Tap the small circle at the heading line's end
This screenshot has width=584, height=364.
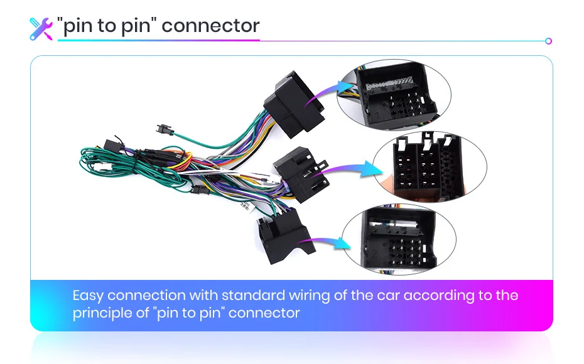pos(548,41)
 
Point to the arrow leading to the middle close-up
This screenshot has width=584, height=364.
pos(352,168)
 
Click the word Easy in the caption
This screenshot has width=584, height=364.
pos(88,296)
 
